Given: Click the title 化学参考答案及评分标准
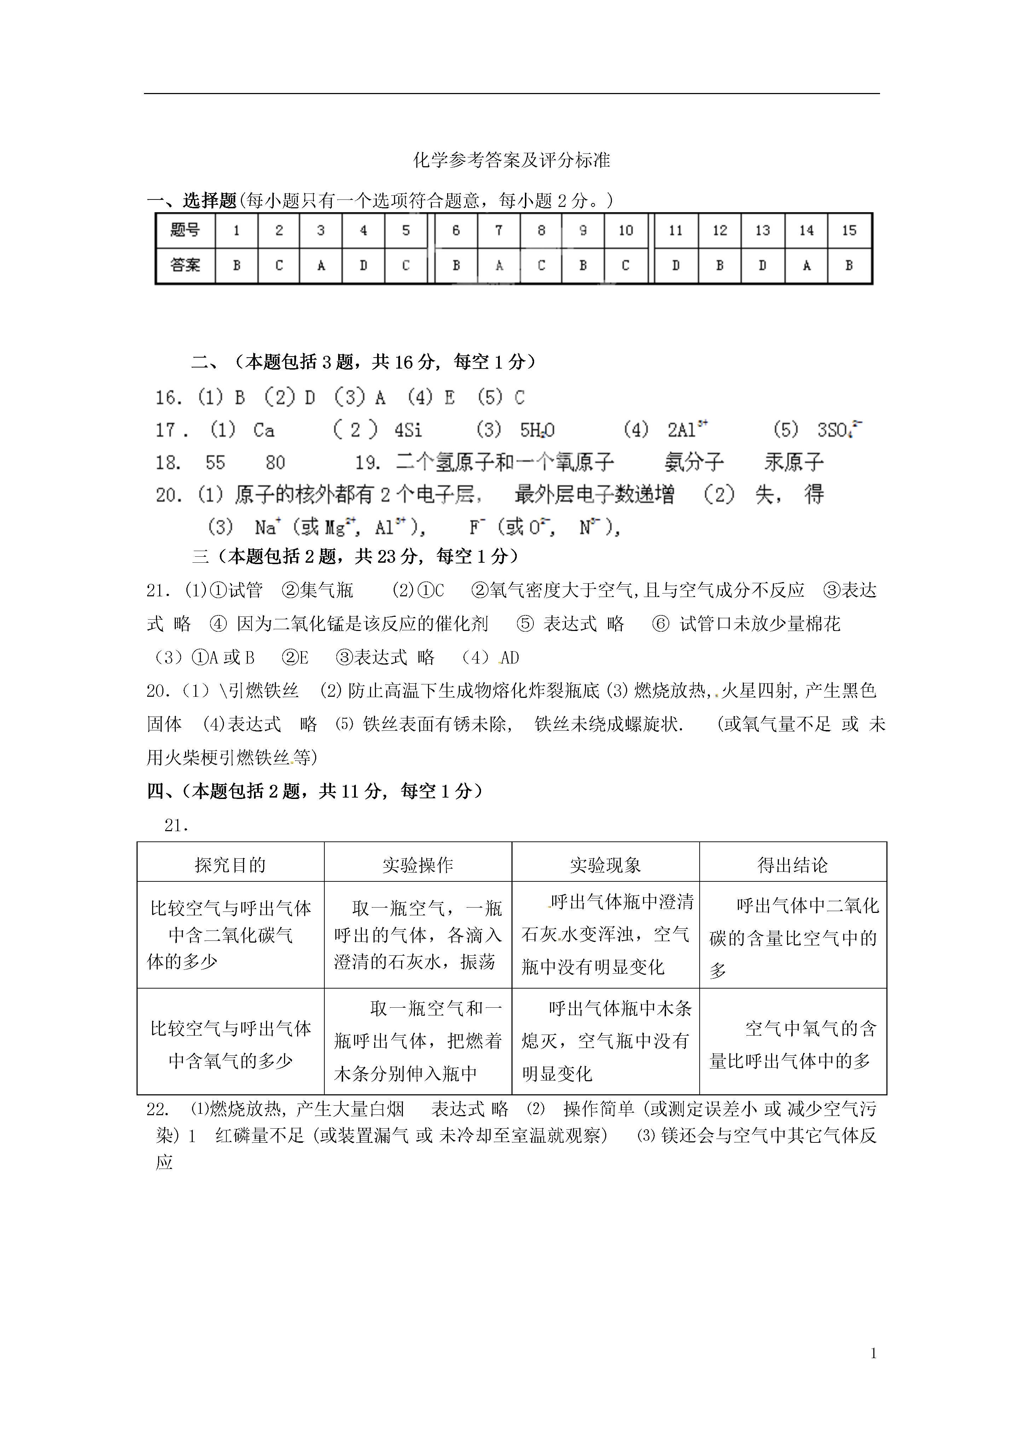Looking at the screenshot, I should point(511,161).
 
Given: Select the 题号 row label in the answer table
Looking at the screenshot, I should point(185,231).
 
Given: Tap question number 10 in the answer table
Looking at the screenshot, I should point(625,231).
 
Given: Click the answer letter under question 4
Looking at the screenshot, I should point(363,266).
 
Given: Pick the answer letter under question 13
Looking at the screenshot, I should point(762,266).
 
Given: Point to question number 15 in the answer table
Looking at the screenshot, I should point(849,231).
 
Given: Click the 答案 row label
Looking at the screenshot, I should point(185,266).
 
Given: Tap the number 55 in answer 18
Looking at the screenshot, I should point(215,463).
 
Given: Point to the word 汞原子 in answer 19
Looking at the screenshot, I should point(794,463).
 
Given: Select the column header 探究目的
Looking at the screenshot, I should point(230,865).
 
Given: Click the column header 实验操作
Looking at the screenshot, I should point(417,865).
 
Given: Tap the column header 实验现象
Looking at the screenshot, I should point(605,865).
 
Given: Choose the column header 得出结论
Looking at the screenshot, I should point(793,865).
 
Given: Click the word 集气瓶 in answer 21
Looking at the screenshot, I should point(326,590).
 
